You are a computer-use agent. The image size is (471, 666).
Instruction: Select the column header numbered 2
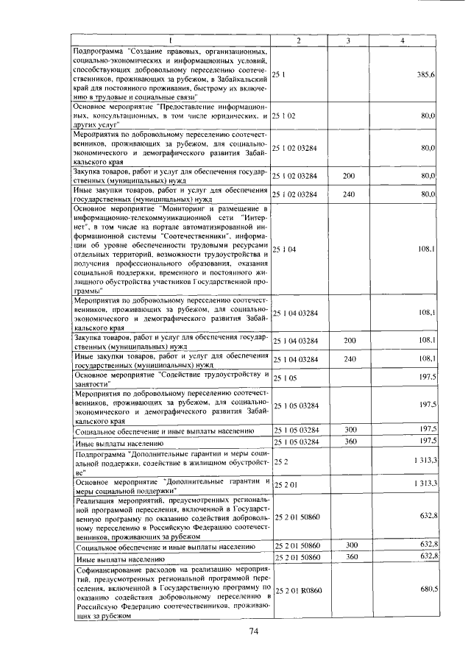click(298, 40)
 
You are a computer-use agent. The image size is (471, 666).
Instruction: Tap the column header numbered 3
click(349, 40)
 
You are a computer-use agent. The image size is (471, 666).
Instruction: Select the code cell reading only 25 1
click(279, 75)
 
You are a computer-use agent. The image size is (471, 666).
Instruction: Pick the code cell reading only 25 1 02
click(284, 116)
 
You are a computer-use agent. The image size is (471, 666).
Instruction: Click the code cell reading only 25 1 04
click(284, 250)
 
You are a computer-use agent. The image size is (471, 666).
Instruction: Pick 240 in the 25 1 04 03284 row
click(350, 359)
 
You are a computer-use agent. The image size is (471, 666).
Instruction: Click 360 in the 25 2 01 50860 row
click(350, 559)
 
